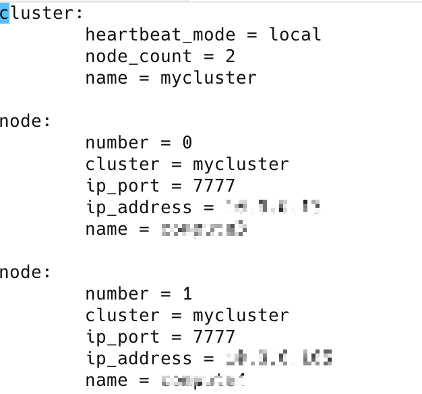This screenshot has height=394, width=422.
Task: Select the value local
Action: point(295,34)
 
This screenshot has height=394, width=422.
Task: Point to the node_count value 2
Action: point(230,56)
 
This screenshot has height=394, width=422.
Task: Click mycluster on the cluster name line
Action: point(208,78)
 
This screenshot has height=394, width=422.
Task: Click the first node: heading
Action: point(26,121)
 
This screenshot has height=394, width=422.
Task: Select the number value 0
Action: point(187,142)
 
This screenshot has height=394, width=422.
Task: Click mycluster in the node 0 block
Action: point(241,164)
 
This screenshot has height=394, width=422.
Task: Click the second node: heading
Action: point(26,272)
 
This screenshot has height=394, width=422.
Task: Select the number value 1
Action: point(187,293)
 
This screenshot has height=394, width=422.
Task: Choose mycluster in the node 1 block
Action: point(241,315)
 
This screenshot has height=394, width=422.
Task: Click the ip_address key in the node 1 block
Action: point(139,358)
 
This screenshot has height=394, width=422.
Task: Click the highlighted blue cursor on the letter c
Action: point(5,13)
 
